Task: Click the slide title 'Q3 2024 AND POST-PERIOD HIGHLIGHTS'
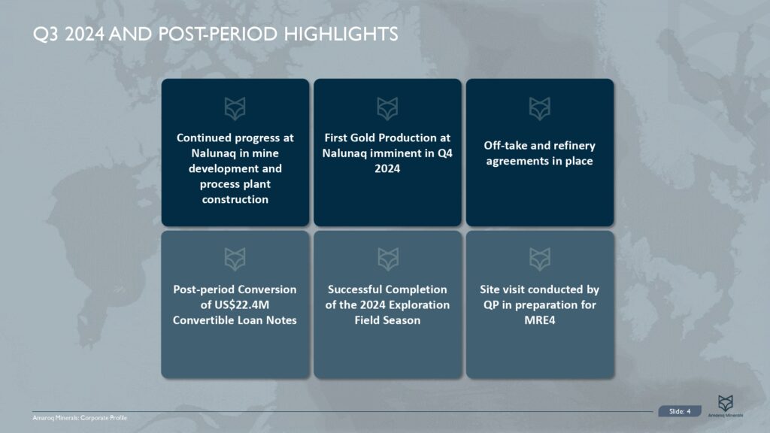(216, 35)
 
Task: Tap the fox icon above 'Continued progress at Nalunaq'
(235, 108)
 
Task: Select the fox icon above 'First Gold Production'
(387, 108)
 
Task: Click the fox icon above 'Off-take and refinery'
(539, 108)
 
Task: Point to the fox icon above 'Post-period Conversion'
(235, 259)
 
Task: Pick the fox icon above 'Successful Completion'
(387, 259)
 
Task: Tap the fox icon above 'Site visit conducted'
(539, 259)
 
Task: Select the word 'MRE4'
(539, 320)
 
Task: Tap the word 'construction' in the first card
(235, 199)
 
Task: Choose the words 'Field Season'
(387, 320)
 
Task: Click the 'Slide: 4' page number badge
(680, 410)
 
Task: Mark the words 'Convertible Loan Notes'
(235, 320)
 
